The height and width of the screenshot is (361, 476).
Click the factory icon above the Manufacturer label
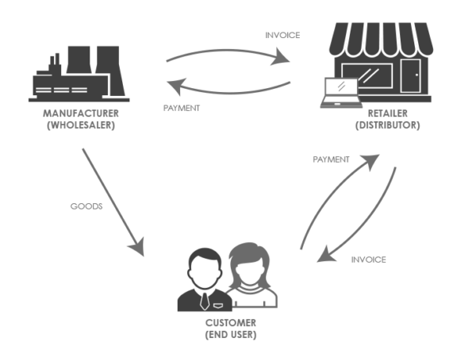pyautogui.click(x=79, y=74)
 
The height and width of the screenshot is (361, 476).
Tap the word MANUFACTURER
pyautogui.click(x=81, y=113)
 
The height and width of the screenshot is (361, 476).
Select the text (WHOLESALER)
pyautogui.click(x=81, y=125)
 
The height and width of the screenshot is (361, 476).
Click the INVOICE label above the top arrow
pyautogui.click(x=282, y=35)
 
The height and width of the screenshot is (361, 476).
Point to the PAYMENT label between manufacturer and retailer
pyautogui.click(x=182, y=108)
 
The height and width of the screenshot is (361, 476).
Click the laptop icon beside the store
pyautogui.click(x=341, y=93)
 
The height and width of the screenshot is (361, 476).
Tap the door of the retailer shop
pyautogui.click(x=410, y=76)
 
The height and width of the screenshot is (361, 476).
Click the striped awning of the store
pyautogui.click(x=382, y=40)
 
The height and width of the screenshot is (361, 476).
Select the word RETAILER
pyautogui.click(x=388, y=113)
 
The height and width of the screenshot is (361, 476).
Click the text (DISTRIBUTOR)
pyautogui.click(x=388, y=125)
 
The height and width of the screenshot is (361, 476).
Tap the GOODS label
pyautogui.click(x=86, y=206)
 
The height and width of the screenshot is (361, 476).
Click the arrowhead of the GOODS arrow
pyautogui.click(x=137, y=247)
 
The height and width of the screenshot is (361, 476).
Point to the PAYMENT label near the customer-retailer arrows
pyautogui.click(x=331, y=159)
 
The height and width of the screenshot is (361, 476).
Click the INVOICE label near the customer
pyautogui.click(x=369, y=259)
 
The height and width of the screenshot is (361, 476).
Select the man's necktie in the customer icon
pyautogui.click(x=205, y=301)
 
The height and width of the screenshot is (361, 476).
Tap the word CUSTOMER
pyautogui.click(x=231, y=323)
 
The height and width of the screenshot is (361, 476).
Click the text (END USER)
pyautogui.click(x=231, y=335)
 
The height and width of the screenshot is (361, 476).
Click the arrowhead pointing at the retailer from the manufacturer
pyautogui.click(x=281, y=56)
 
